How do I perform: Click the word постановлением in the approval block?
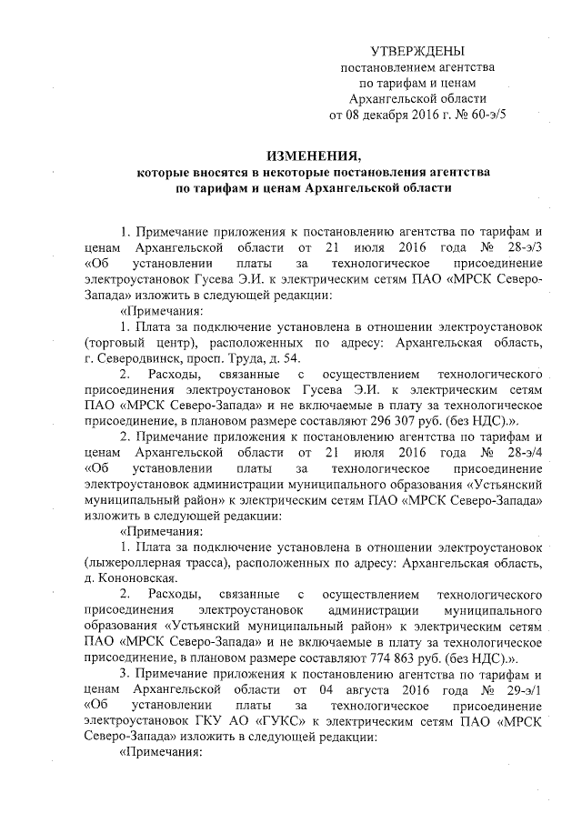coord(379,68)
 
